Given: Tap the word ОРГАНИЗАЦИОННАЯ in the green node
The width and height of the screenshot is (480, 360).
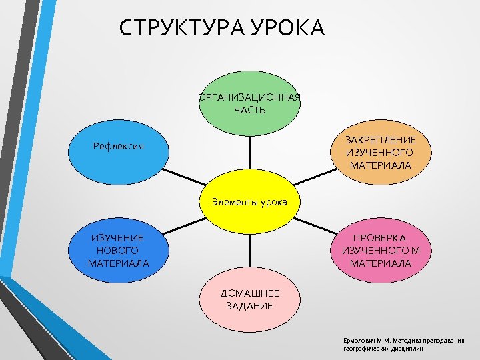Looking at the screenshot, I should (250, 98).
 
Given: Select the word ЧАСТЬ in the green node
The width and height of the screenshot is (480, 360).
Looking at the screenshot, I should (250, 110).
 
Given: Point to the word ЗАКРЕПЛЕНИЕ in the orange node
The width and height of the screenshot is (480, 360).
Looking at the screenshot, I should (381, 140).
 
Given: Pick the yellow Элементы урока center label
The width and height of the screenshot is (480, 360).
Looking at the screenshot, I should (249, 201).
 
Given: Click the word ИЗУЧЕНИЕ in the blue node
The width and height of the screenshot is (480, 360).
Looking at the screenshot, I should (118, 238).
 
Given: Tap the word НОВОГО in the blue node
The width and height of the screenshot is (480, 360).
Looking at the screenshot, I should (118, 251).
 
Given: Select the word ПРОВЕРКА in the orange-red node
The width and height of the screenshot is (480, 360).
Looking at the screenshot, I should (380, 238).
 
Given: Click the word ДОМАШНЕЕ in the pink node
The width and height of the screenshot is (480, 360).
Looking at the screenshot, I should (250, 293).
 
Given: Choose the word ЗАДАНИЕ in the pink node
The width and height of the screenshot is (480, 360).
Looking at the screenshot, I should (250, 306).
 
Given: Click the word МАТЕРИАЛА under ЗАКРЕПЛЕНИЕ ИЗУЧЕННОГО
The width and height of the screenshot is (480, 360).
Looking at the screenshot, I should (381, 165).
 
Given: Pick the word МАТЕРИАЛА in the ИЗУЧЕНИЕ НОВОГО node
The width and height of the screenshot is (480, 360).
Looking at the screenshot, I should (118, 263).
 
